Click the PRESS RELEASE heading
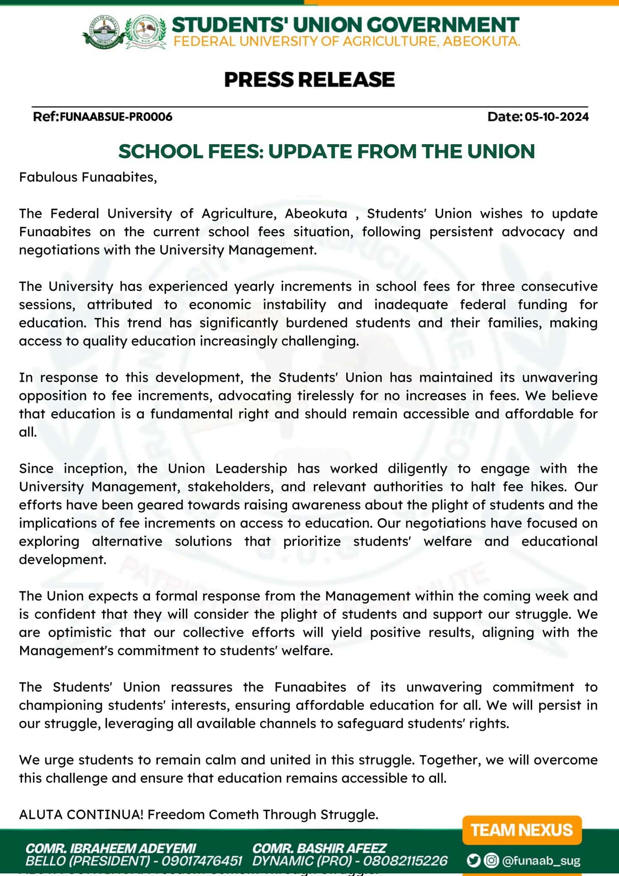coord(309,80)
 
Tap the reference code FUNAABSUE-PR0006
coord(116,117)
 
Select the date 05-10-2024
coord(557,117)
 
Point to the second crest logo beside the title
coord(145,32)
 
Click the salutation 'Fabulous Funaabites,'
coord(88,177)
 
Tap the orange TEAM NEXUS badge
coord(522,830)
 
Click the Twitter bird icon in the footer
coord(473,860)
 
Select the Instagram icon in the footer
coord(491,860)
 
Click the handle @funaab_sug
coord(541,861)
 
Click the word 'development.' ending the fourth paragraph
coord(62,559)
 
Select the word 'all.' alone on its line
coord(28,432)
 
